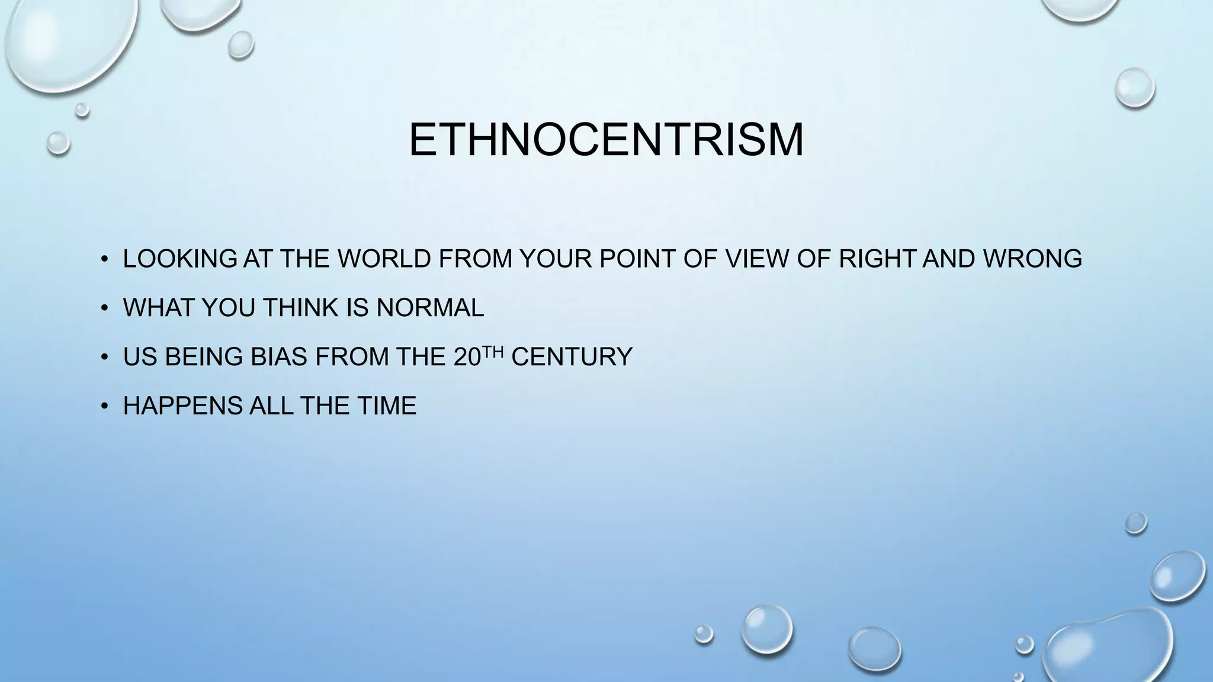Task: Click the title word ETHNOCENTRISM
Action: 606,140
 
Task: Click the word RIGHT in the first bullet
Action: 877,259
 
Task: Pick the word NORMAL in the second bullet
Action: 430,308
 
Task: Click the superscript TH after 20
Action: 496,352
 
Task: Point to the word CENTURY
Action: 572,357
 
